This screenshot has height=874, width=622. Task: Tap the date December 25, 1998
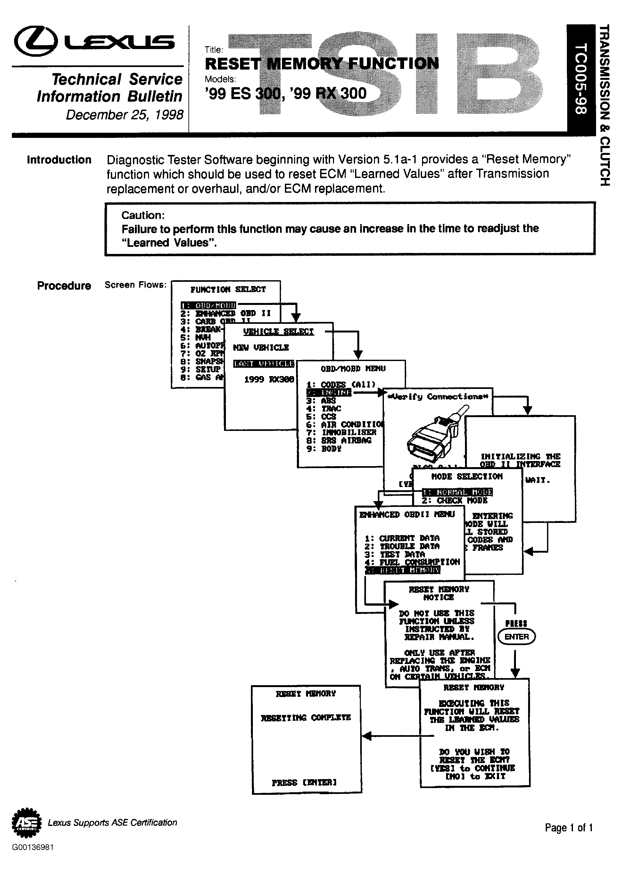pyautogui.click(x=124, y=114)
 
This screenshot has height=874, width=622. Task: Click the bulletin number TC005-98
pyautogui.click(x=581, y=79)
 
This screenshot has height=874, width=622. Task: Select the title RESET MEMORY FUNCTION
pyautogui.click(x=322, y=63)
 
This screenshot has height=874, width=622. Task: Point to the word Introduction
pyautogui.click(x=59, y=160)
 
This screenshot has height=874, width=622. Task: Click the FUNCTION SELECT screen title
pyautogui.click(x=228, y=290)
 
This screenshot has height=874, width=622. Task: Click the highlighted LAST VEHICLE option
pyautogui.click(x=264, y=363)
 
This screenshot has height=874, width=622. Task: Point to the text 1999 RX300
pyautogui.click(x=269, y=379)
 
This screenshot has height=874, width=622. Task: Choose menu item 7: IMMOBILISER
pyautogui.click(x=341, y=432)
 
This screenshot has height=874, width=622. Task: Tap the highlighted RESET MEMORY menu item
pyautogui.click(x=403, y=570)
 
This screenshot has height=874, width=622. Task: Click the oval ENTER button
pyautogui.click(x=516, y=637)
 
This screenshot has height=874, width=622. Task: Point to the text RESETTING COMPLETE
pyautogui.click(x=306, y=718)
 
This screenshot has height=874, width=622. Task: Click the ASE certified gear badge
pyautogui.click(x=26, y=823)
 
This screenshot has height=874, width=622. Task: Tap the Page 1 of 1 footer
pyautogui.click(x=569, y=828)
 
